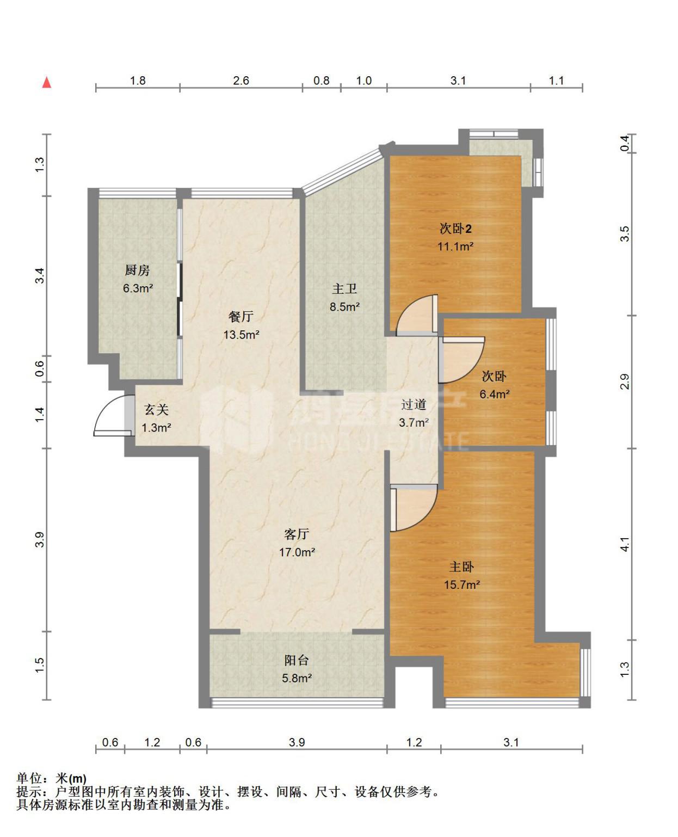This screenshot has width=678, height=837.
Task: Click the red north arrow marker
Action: pyautogui.click(x=47, y=82)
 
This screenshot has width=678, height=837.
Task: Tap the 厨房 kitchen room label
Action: pyautogui.click(x=138, y=270)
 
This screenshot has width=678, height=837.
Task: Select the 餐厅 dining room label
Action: pyautogui.click(x=241, y=316)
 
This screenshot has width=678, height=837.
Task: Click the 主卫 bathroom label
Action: pyautogui.click(x=344, y=289)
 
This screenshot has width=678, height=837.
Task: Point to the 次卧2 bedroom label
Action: pyautogui.click(x=455, y=229)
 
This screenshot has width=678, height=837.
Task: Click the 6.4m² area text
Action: pyautogui.click(x=495, y=394)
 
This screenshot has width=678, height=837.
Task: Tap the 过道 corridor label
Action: pyautogui.click(x=414, y=404)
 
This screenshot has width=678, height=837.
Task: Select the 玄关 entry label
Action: pyautogui.click(x=156, y=409)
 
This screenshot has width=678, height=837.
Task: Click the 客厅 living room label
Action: pyautogui.click(x=297, y=534)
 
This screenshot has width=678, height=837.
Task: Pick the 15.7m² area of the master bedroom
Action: pyautogui.click(x=461, y=584)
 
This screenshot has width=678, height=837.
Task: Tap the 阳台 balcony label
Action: pyautogui.click(x=297, y=660)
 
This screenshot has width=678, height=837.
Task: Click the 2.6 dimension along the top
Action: pyautogui.click(x=241, y=81)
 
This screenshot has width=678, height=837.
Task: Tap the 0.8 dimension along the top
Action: pyautogui.click(x=322, y=81)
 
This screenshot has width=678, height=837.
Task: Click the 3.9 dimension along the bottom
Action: pyautogui.click(x=297, y=742)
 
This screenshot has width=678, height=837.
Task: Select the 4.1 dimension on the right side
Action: pyautogui.click(x=625, y=544)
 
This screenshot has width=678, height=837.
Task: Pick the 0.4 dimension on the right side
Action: pyautogui.click(x=625, y=143)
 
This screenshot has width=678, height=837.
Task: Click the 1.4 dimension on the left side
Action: pyautogui.click(x=40, y=415)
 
